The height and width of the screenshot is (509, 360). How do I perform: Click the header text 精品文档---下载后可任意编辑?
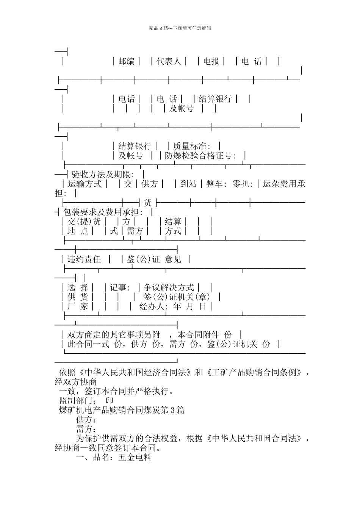click(x=180, y=28)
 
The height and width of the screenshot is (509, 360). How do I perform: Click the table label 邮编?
click(x=127, y=61)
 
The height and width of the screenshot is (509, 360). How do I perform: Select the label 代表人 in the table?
click(x=169, y=61)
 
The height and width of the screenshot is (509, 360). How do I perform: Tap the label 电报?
click(x=211, y=61)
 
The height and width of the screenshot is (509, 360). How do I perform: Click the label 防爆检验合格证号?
click(x=200, y=156)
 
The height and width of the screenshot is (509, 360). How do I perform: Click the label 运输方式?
click(x=85, y=184)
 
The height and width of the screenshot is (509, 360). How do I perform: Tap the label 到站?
click(x=188, y=184)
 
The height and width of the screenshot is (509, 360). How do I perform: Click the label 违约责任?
click(x=84, y=259)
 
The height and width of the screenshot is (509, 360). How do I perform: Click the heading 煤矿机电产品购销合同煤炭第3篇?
click(x=122, y=410)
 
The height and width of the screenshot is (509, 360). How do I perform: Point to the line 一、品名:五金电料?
click(x=114, y=457)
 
